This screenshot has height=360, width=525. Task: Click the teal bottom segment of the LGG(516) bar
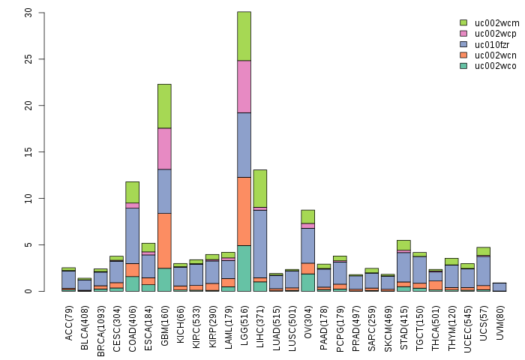pyautogui.click(x=244, y=268)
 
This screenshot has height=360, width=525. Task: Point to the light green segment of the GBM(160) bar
pyautogui.click(x=164, y=106)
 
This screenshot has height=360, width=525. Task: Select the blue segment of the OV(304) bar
pyautogui.click(x=307, y=245)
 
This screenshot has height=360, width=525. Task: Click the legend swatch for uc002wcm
pyautogui.click(x=463, y=22)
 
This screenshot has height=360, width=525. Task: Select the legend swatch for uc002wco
pyautogui.click(x=463, y=66)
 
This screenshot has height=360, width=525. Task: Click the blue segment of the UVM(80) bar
pyautogui.click(x=499, y=286)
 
